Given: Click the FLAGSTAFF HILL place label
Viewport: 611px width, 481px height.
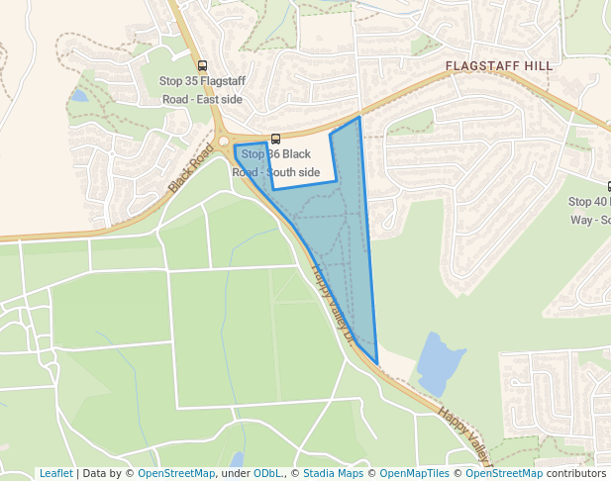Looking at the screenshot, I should (x=499, y=66).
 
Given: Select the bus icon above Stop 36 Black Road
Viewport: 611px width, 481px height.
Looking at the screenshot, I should (x=275, y=139).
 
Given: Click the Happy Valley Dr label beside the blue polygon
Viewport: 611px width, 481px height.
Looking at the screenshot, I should (x=333, y=302).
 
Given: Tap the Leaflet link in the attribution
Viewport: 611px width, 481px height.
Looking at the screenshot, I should (x=55, y=473).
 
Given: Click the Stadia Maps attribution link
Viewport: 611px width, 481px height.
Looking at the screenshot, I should (x=333, y=473).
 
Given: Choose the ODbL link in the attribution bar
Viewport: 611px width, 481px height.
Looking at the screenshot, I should (x=267, y=473).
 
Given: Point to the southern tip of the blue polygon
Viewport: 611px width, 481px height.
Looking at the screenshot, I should (x=377, y=363).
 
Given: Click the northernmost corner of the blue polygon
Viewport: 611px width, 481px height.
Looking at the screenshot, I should (x=358, y=117).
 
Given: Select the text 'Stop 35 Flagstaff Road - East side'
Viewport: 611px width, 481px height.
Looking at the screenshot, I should (x=203, y=90).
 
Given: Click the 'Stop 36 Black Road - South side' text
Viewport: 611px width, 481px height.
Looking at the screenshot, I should (x=276, y=163).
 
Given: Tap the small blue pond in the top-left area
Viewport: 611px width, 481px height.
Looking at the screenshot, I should (x=78, y=96).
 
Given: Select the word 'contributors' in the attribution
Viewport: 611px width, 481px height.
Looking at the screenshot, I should (x=575, y=473).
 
